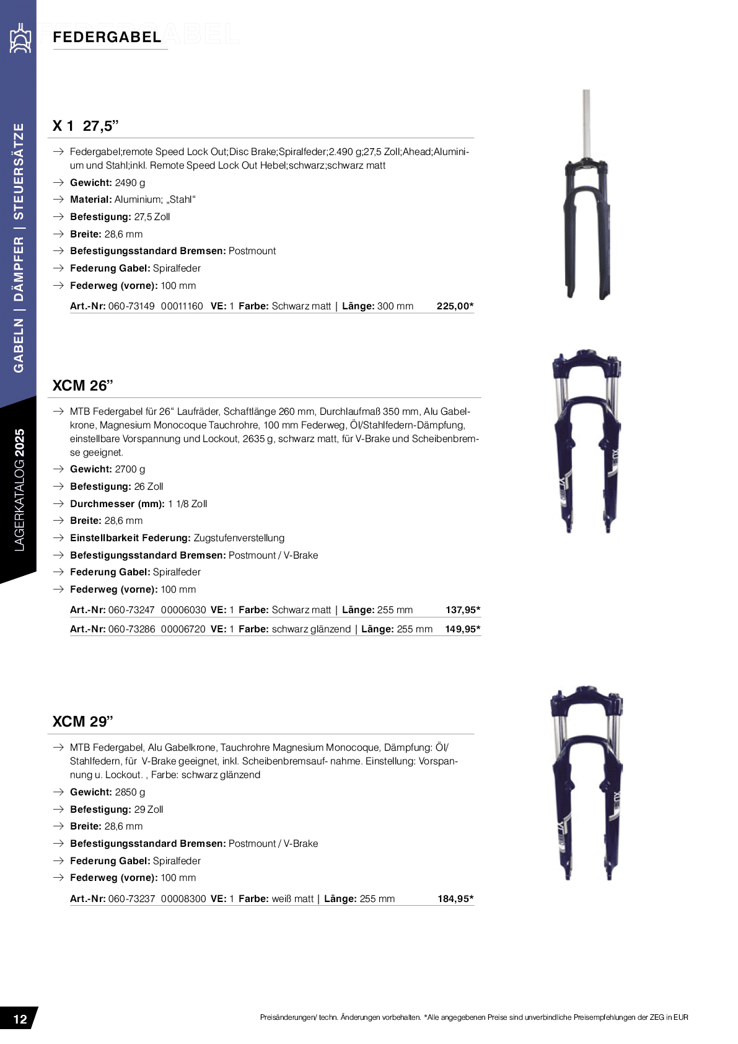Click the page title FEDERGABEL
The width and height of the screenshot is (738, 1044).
coord(107,37)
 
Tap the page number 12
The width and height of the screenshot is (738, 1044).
coord(20,1019)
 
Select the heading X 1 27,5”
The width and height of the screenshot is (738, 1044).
coord(86,126)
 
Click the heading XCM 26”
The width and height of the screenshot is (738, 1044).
coord(82,386)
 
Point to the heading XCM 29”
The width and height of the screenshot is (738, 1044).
coord(82,722)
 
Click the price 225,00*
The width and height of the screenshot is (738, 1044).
coord(455,306)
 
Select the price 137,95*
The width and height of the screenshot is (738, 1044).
coord(462,610)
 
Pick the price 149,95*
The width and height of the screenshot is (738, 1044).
coord(462,629)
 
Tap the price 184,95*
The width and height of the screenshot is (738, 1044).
coord(455,899)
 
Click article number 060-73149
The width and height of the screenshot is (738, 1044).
coord(131,306)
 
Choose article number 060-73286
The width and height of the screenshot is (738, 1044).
coord(131,629)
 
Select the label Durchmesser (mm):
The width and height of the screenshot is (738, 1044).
coord(117,504)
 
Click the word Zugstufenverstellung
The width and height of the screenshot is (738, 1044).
coord(239,538)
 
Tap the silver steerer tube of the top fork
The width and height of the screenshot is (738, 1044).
coord(586,124)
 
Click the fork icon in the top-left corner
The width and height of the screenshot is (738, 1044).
coord(20,38)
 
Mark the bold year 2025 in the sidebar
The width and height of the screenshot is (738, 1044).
coord(20,444)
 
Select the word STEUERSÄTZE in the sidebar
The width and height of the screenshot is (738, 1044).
coord(19,171)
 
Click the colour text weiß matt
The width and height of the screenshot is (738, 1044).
coord(294,899)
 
